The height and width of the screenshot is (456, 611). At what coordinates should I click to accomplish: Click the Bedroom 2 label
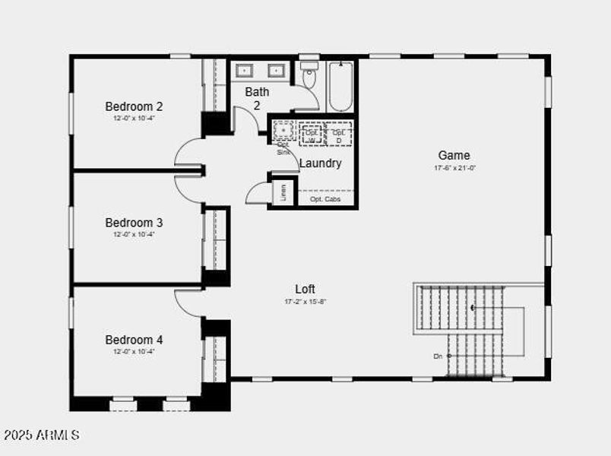pos(134,106)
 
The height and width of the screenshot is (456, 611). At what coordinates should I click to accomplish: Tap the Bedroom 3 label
pos(134,223)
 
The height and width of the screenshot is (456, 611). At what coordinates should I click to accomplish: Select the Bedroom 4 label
pos(134,340)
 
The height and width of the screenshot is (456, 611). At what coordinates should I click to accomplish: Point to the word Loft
pos(305,289)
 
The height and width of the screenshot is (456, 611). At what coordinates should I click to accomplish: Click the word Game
pos(454,155)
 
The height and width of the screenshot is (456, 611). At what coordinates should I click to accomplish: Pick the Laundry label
pos(320,163)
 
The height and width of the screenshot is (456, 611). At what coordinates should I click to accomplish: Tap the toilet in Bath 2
pos(309,77)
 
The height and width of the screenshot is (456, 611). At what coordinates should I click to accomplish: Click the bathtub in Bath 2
pos(340,86)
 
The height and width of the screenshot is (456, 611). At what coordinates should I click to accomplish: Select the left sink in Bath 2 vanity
pos(245,71)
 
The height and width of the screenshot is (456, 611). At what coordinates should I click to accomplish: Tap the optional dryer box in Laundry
pos(339,134)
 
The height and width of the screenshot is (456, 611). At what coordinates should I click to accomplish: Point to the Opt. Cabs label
pos(324,199)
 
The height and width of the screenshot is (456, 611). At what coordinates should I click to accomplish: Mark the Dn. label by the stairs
pos(438,356)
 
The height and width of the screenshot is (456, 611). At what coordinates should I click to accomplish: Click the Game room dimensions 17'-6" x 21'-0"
pos(454,167)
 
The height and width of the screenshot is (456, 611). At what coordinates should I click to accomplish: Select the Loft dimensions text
pos(305,302)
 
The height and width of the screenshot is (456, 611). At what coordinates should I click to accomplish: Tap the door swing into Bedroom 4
pos(188,302)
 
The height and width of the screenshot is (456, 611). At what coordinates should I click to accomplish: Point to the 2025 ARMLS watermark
pos(42,435)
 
